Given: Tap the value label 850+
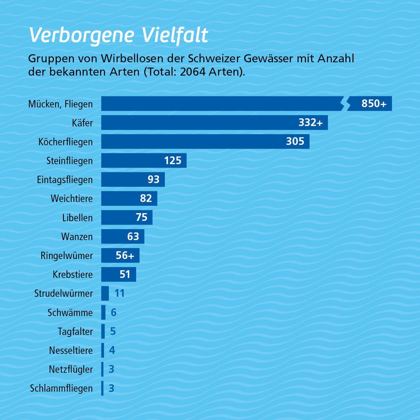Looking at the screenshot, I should [x=374, y=104].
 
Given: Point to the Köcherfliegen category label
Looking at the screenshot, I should [x=66, y=142].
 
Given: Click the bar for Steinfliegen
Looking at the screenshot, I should [x=132, y=160].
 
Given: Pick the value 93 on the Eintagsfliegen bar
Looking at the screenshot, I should [x=154, y=179].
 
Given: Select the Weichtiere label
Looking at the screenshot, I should [x=72, y=199].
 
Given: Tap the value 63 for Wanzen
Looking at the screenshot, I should [x=133, y=236].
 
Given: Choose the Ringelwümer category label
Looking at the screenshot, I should [x=66, y=255].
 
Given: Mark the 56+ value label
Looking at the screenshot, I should [x=125, y=255].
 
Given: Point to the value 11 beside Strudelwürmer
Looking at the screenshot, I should [x=119, y=293].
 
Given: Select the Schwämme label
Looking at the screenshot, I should [x=70, y=313].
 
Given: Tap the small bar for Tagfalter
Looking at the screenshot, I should [x=103, y=331].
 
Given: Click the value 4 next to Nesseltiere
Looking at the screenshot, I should [x=112, y=350].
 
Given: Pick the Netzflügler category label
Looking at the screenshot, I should [x=71, y=369].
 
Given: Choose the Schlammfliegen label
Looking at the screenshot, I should [x=61, y=388].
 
